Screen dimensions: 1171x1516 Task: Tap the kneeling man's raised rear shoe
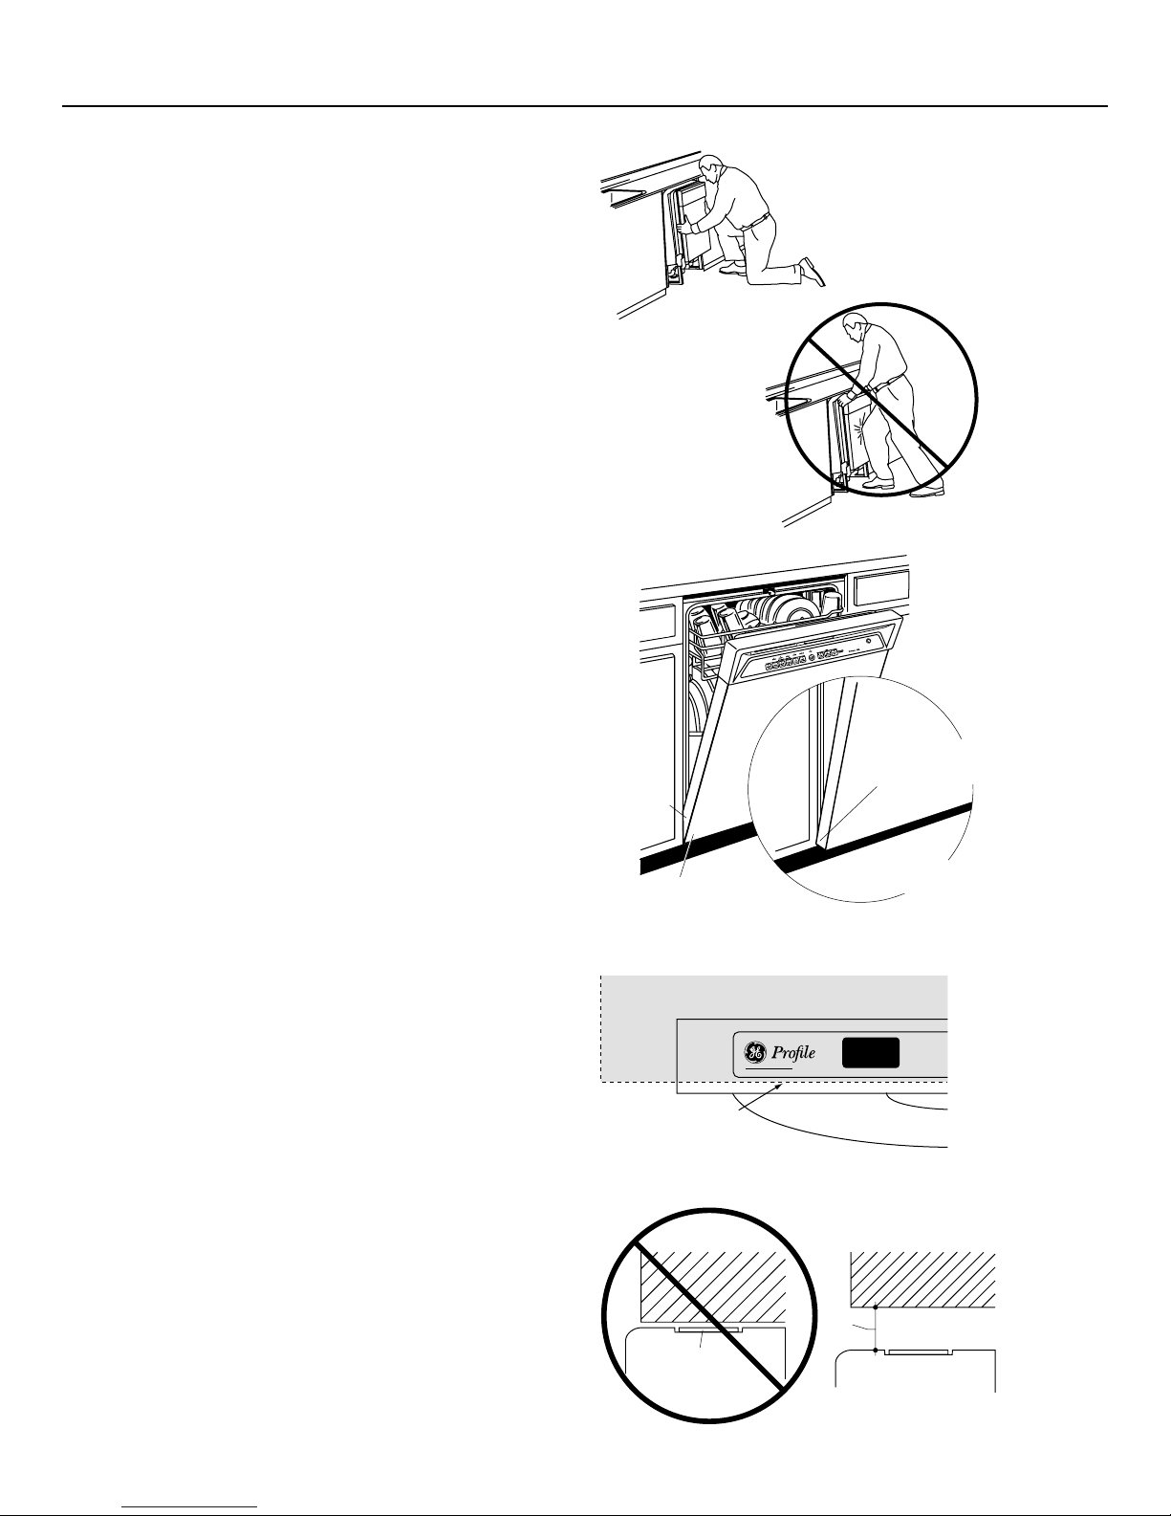tap(813, 272)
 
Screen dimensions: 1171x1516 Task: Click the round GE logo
tap(754, 1051)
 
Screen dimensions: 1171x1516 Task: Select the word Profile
tap(793, 1052)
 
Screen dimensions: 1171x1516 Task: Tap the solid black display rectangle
tap(871, 1053)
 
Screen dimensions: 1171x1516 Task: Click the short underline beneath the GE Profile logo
tap(769, 1068)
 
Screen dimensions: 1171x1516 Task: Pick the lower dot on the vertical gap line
tap(875, 1351)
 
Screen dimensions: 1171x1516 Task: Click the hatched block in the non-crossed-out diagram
tap(922, 1280)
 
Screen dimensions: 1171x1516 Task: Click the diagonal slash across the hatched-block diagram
tap(708, 1316)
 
